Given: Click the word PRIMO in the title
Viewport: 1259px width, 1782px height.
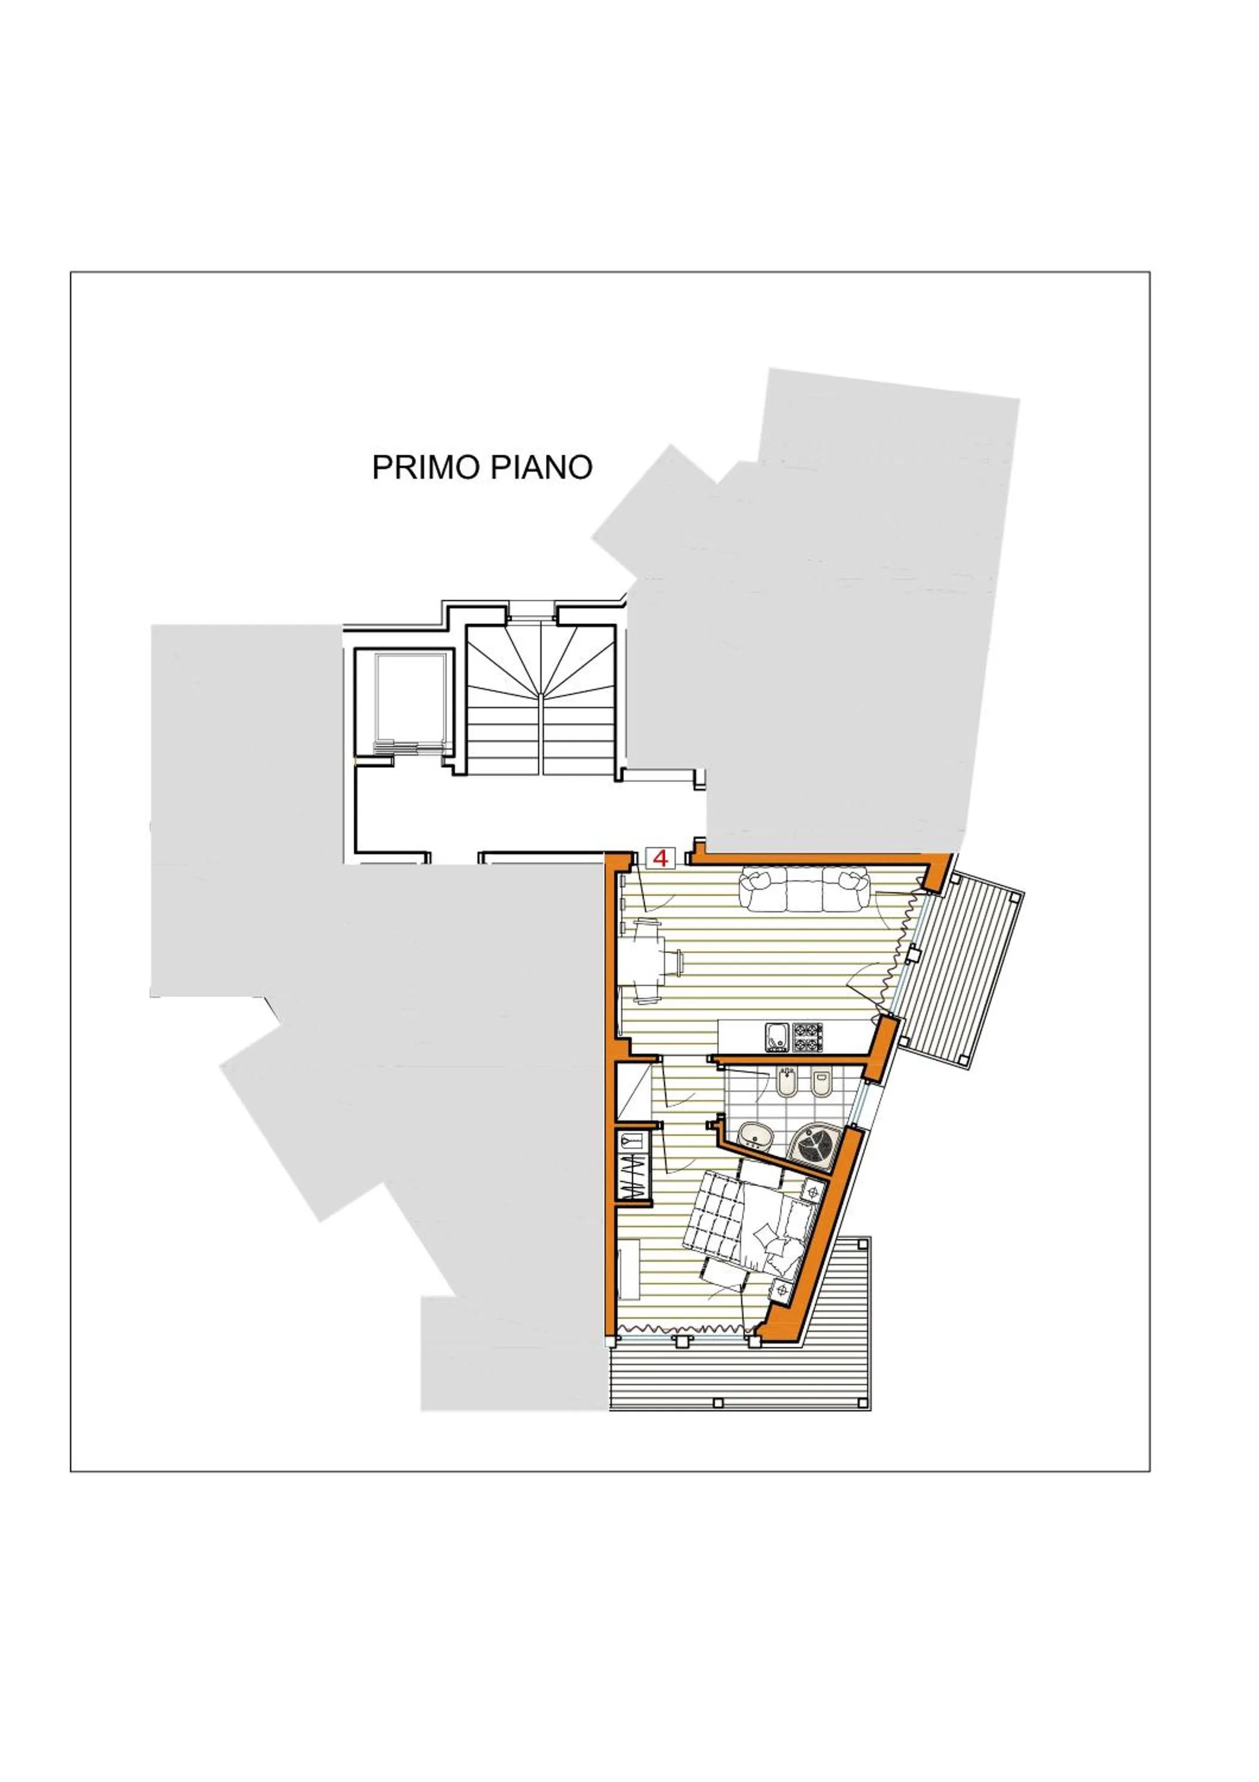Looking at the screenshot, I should pyautogui.click(x=425, y=467).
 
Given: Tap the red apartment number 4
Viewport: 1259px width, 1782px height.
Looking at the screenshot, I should pyautogui.click(x=661, y=858).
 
